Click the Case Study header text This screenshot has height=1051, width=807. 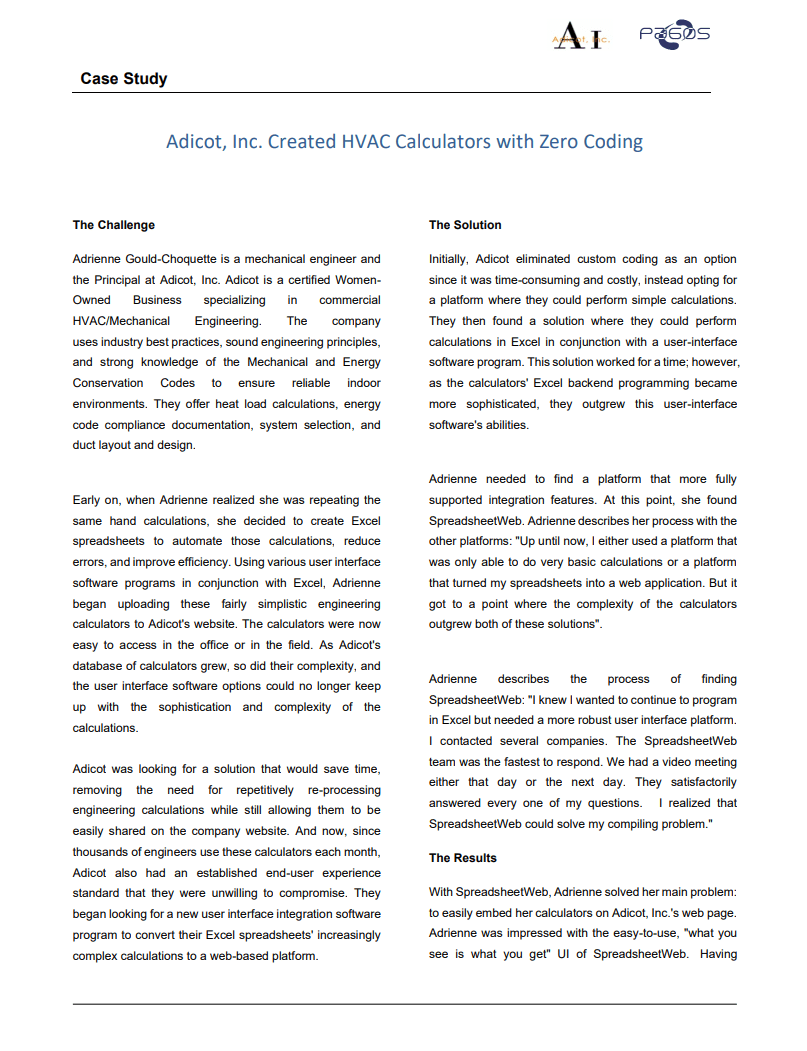124,79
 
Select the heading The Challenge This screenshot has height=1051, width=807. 114,225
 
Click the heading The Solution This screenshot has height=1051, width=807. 465,225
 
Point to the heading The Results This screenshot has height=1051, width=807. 463,858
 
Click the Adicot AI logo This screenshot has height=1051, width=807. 579,37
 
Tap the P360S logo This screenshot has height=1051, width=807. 675,34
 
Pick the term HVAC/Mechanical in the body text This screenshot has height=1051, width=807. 121,321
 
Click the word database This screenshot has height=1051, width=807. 101,666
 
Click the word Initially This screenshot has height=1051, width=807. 450,259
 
